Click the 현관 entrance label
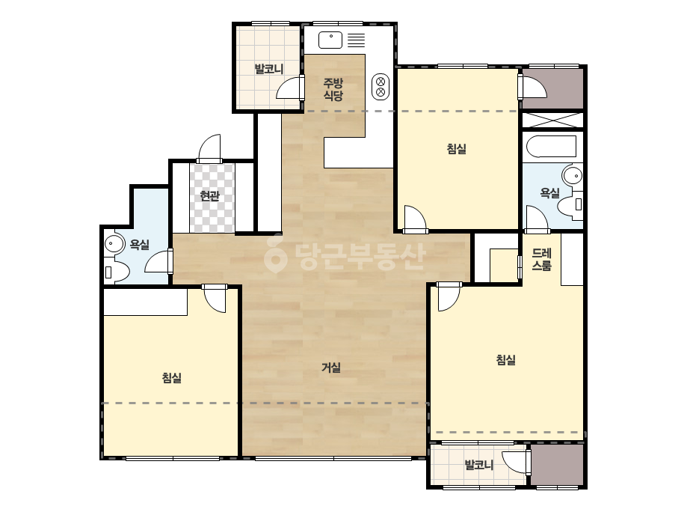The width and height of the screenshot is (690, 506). click(209, 195)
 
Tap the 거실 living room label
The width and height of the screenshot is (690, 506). click(331, 368)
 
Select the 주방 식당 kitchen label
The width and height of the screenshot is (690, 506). click(333, 89)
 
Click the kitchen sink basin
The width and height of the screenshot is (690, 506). click(330, 40)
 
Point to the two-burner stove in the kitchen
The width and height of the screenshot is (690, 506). click(381, 86)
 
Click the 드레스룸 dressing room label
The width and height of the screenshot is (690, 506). click(542, 259)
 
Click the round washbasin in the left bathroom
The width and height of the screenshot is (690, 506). click(114, 244)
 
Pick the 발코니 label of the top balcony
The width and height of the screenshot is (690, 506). click(269, 69)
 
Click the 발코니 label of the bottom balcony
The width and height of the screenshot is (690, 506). click(479, 465)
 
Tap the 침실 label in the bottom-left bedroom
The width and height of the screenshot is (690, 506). click(172, 378)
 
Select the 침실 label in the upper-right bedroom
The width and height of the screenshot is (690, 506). click(456, 148)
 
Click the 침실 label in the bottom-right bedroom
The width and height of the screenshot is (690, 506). click(505, 360)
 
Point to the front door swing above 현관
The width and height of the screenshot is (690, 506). click(209, 148)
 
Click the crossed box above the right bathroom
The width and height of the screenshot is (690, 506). click(552, 121)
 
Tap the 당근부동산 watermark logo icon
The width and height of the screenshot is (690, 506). click(274, 254)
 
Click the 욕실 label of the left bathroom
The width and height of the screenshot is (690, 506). click(140, 245)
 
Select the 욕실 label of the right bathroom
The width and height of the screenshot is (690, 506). click(549, 192)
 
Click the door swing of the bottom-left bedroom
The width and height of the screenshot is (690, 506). click(215, 299)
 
